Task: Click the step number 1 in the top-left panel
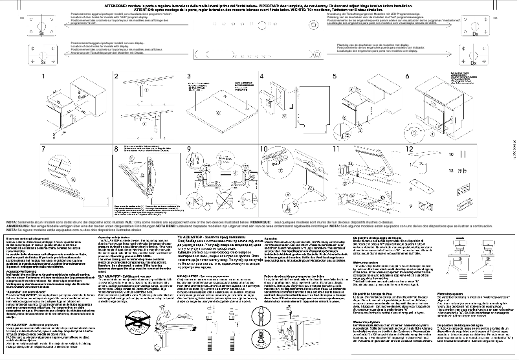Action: pyautogui.click(x=45, y=78)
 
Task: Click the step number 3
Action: pyautogui.click(x=190, y=78)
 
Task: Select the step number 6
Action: pyautogui.click(x=408, y=78)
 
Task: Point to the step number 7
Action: pyautogui.click(x=45, y=150)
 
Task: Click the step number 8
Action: pyautogui.click(x=117, y=150)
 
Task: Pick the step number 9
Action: pyautogui.click(x=190, y=150)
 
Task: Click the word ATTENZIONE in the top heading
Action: pyautogui.click(x=116, y=5)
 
